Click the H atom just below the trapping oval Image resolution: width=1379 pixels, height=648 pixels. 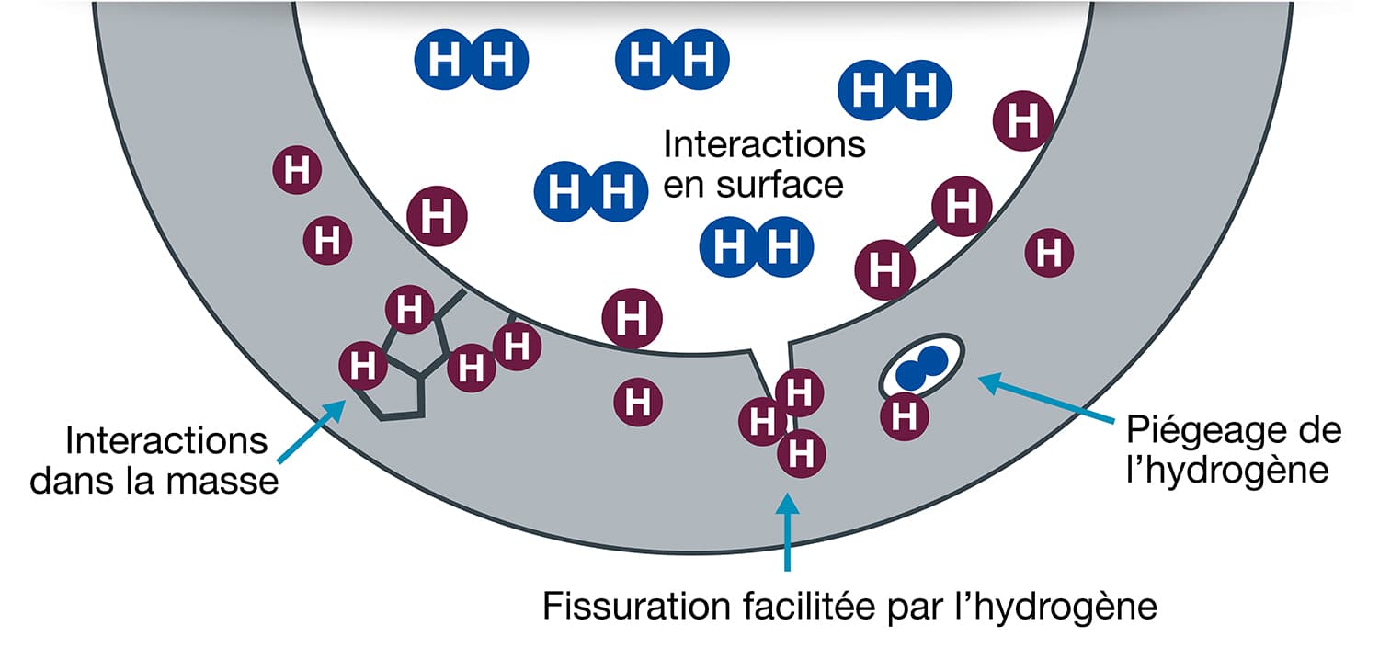click(x=905, y=416)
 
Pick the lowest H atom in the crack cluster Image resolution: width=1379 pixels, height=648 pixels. click(x=802, y=452)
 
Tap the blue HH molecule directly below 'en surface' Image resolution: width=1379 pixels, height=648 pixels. click(x=757, y=246)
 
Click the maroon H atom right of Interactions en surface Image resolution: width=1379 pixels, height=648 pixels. click(x=1020, y=119)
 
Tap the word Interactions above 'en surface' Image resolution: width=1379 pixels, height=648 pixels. click(x=765, y=144)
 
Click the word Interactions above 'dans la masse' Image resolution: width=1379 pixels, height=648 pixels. click(x=166, y=440)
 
